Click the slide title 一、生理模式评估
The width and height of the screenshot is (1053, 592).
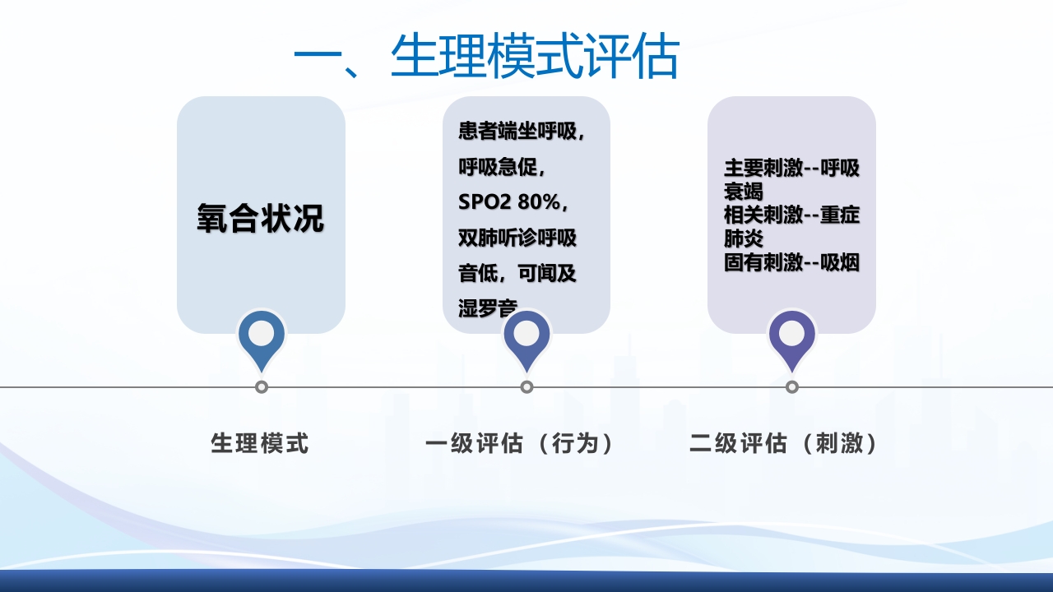[x=485, y=58]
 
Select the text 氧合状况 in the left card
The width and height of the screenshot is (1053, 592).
[x=261, y=218]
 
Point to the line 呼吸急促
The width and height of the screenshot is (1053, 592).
[x=501, y=168]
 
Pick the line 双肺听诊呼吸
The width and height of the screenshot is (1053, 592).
[x=517, y=238]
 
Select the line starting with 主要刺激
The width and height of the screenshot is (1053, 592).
[x=791, y=169]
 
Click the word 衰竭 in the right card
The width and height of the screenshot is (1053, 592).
[x=743, y=192]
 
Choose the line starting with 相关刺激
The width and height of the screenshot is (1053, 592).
[x=791, y=215]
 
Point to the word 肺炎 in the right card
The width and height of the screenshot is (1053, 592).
[x=743, y=239]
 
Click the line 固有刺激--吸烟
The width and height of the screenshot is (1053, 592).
[x=791, y=263]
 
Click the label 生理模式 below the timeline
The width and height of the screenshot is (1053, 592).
[x=260, y=444]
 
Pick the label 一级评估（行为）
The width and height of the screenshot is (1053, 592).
[x=520, y=444]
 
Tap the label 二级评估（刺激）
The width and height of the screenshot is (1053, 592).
[x=784, y=444]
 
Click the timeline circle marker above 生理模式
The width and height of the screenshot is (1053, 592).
[x=262, y=386]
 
